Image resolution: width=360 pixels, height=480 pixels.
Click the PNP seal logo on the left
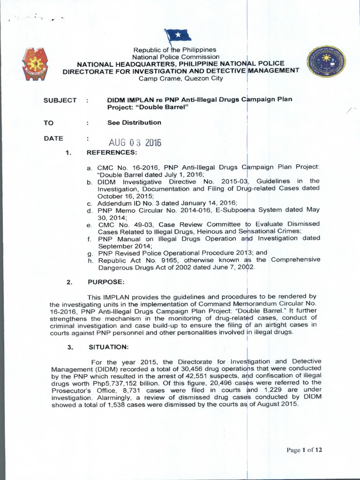point(35,64)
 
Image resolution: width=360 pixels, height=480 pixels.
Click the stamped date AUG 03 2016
point(135,142)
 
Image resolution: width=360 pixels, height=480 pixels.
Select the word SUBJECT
point(60,100)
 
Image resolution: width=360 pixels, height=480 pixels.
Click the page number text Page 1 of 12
point(305,450)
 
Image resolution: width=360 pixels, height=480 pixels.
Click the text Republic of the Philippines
point(174,50)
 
